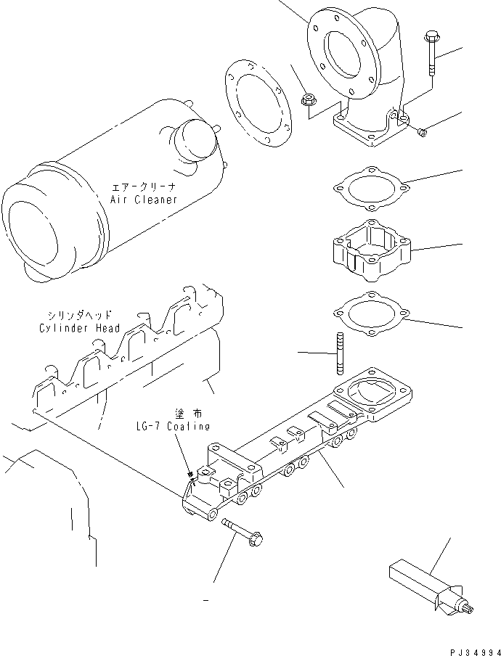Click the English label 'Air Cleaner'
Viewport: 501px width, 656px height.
pos(143,200)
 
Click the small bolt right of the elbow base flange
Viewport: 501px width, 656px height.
pos(423,131)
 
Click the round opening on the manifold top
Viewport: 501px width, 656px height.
pos(371,392)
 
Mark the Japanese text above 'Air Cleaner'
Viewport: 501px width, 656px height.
pos(143,186)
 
